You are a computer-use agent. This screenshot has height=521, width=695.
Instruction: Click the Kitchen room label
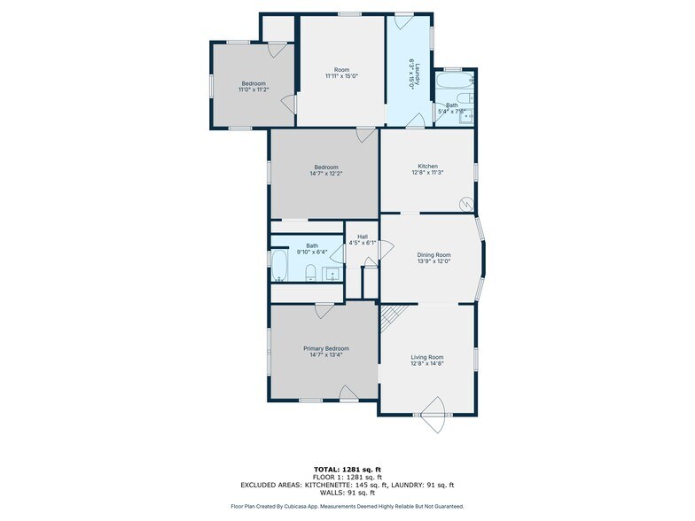428,166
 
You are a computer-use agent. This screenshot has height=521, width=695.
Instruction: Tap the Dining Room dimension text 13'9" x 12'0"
434,261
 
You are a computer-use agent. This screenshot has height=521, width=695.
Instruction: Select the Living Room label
427,357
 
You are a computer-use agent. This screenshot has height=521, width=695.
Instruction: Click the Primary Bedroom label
324,348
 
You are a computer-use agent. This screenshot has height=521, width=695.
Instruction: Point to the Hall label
363,236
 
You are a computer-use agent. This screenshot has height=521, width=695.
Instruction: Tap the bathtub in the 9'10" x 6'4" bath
280,265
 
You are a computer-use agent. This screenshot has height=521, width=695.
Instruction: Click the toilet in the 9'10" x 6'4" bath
310,273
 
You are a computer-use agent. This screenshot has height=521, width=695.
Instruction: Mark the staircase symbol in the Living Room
392,316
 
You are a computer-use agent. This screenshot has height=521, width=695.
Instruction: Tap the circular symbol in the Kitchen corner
465,205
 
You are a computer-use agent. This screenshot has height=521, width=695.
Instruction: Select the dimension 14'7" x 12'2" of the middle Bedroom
325,174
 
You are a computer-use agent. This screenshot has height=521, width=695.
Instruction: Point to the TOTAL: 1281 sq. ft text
347,468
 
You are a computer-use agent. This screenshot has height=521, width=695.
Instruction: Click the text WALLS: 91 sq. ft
347,493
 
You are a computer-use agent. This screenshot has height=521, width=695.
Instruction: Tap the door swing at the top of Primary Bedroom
324,310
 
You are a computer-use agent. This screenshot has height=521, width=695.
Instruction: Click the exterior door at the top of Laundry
404,19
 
